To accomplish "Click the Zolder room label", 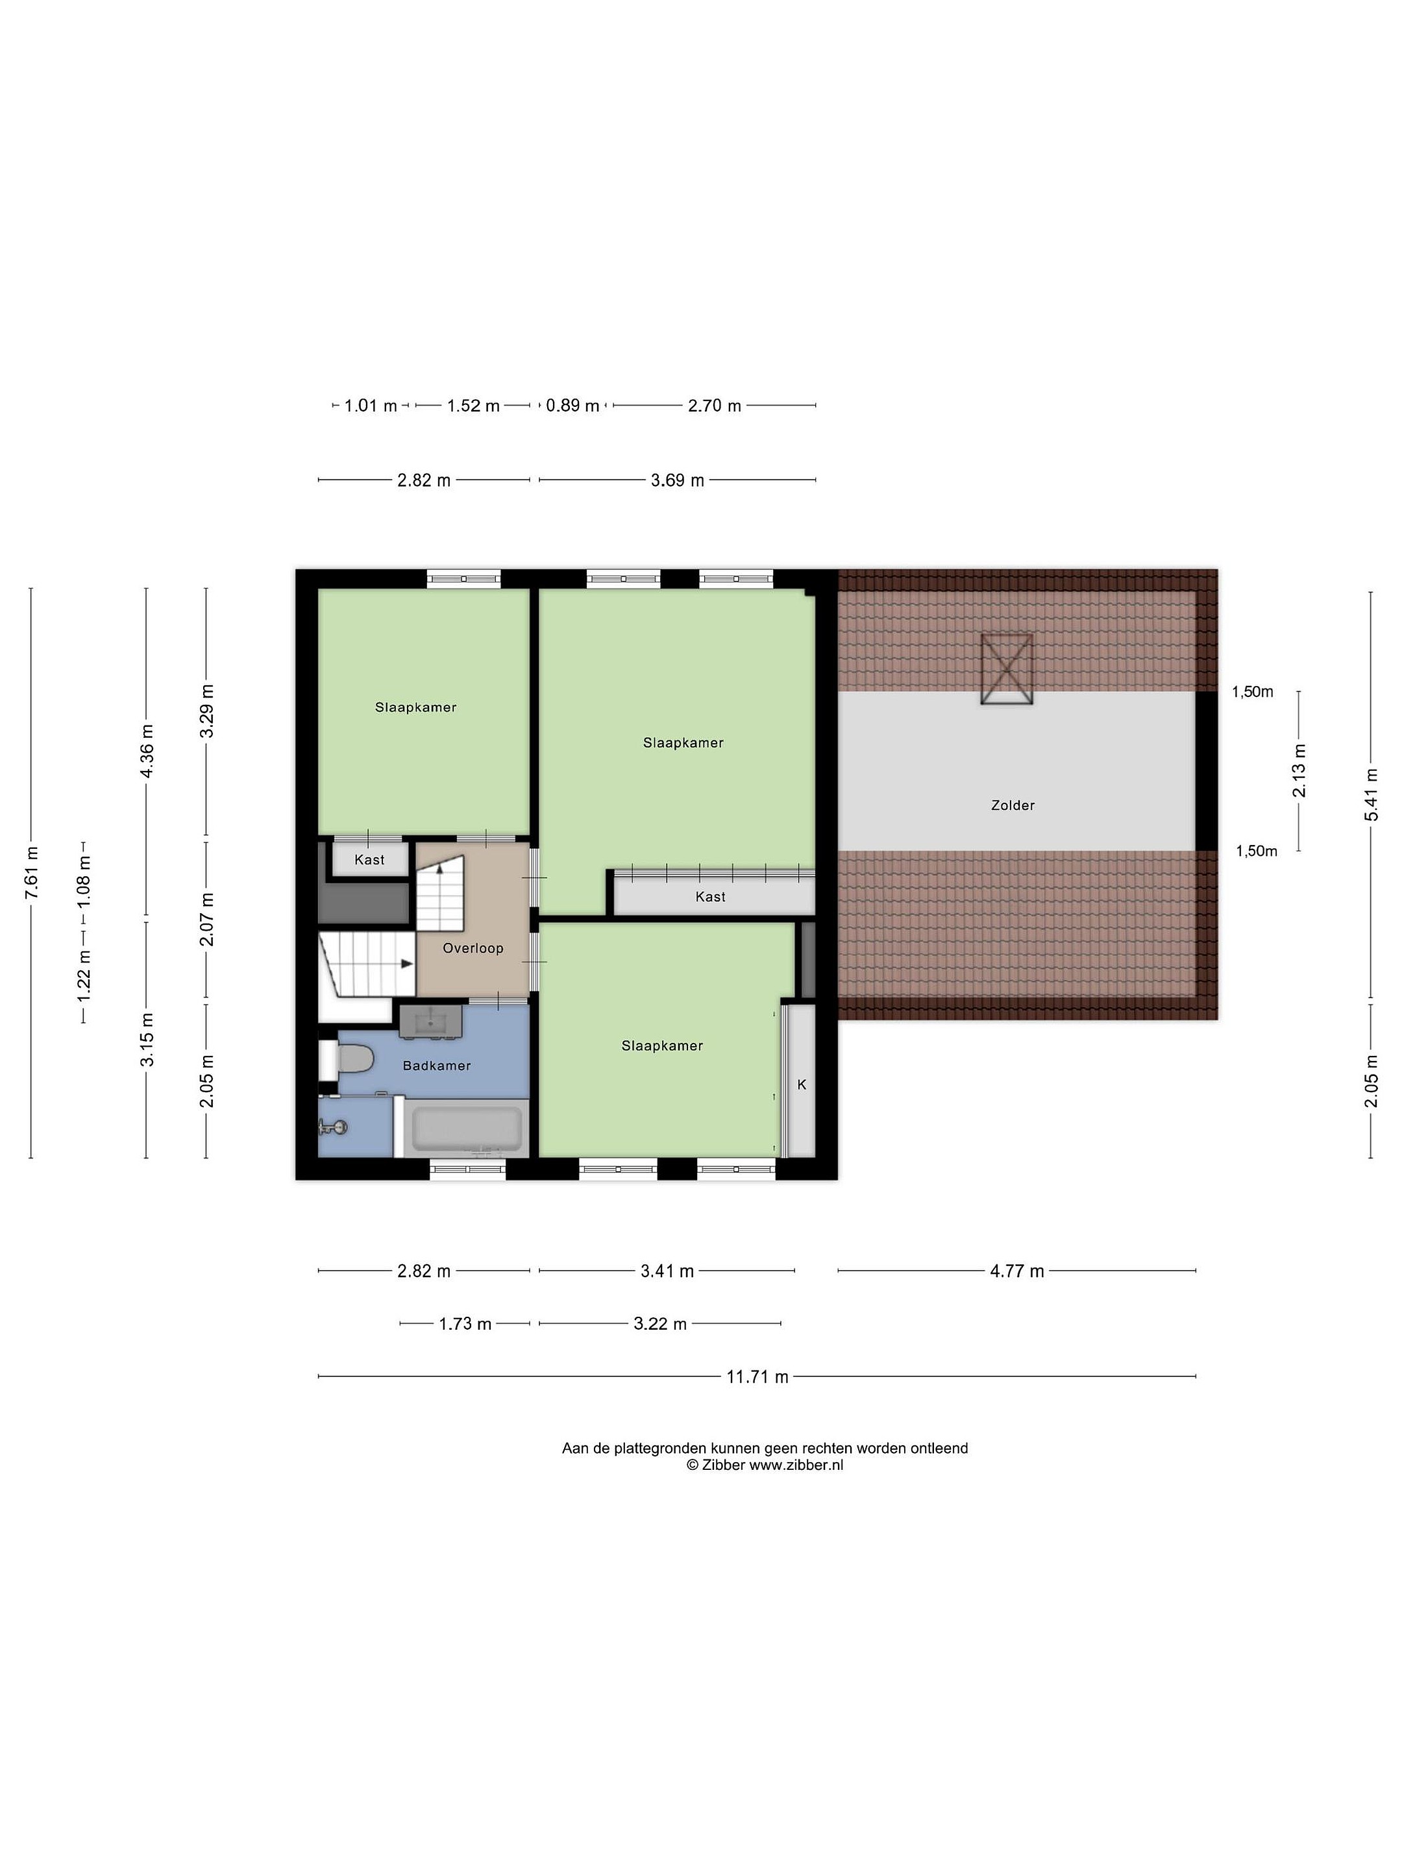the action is (x=1013, y=805).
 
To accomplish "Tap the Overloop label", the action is (x=473, y=948).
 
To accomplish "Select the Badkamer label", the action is (x=436, y=1066).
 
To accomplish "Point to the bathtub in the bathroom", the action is (x=467, y=1129).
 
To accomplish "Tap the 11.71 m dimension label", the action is (x=757, y=1376).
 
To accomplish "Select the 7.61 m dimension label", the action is (x=31, y=872).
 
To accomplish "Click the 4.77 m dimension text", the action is (x=1016, y=1271).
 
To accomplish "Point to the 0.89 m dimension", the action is (x=572, y=406).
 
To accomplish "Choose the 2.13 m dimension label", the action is (x=1299, y=770).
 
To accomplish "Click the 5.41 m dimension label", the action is (x=1371, y=794).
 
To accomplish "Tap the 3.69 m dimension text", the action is (x=677, y=481).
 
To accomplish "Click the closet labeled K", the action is (x=801, y=1084).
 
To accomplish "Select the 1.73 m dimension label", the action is (x=465, y=1324).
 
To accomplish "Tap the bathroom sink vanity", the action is (x=431, y=1020).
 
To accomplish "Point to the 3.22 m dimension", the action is (x=660, y=1324).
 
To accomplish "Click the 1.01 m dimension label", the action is (x=370, y=406).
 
